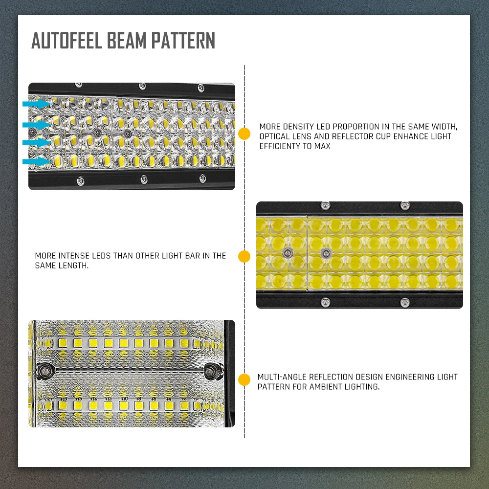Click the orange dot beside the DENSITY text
pyautogui.click(x=244, y=134)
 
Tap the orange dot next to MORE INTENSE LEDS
pyautogui.click(x=244, y=256)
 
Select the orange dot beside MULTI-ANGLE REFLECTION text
pyautogui.click(x=244, y=380)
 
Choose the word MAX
pyautogui.click(x=322, y=146)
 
